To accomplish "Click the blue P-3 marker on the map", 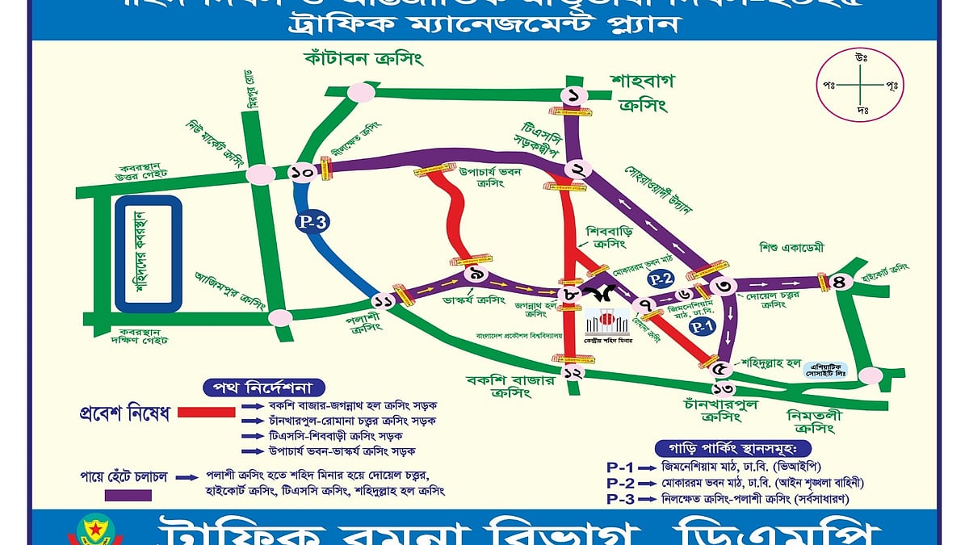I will point(311,224).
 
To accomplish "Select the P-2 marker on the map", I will point(662,279).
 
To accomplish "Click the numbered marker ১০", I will point(303,171).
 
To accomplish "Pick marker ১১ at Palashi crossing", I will point(383,301).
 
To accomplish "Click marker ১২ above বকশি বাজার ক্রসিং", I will point(573,373).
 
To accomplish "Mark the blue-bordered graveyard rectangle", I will point(148,254).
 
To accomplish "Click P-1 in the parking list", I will point(620,467).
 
